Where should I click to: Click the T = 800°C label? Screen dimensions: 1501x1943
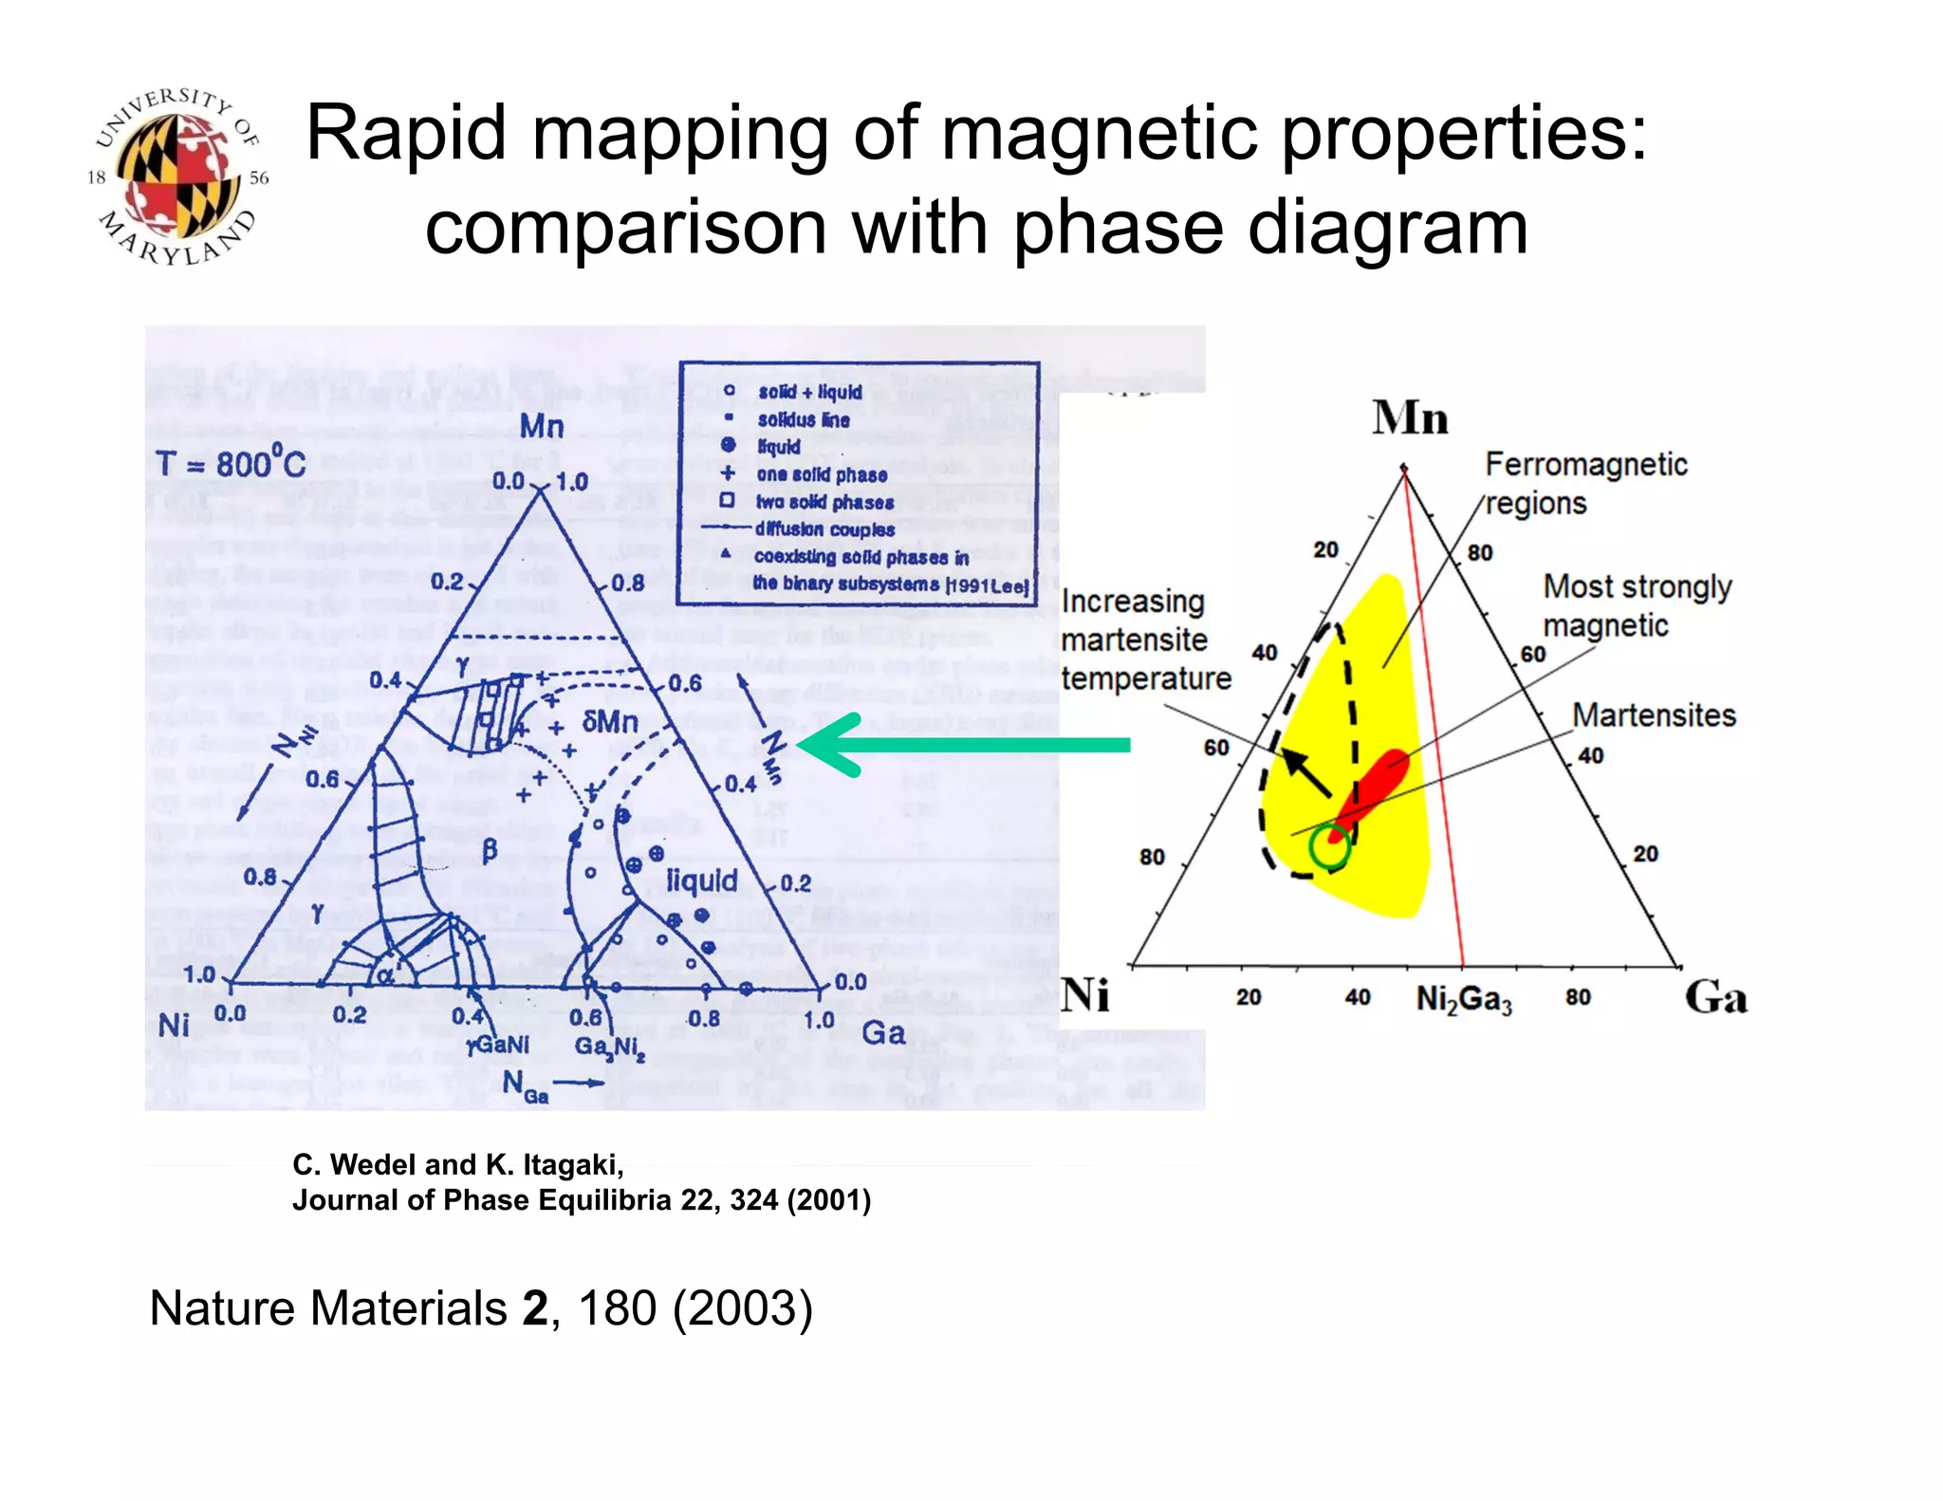[231, 463]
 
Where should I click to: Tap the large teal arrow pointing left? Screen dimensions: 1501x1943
[963, 745]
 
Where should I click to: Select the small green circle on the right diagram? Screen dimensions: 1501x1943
[1328, 847]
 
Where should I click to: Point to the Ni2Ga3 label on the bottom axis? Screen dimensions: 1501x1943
[1463, 999]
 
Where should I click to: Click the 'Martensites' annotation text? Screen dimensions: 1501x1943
[1654, 714]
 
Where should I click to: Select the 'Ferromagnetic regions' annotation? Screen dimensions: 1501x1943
[1585, 483]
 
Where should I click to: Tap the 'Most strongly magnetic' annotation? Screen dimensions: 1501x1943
[1637, 605]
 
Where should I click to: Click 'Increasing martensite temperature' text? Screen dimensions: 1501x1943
[1144, 639]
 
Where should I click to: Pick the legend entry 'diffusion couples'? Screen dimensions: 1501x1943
[823, 529]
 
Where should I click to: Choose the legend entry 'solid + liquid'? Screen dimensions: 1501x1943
[809, 392]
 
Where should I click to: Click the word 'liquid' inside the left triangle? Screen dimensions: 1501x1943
[701, 880]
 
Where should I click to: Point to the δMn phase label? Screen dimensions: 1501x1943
[609, 722]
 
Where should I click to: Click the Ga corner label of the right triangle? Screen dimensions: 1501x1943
[1715, 997]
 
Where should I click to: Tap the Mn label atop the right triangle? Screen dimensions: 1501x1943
[1409, 417]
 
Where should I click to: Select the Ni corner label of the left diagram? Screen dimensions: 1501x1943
[174, 1025]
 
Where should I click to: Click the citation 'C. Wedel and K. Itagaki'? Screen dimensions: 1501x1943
[458, 1164]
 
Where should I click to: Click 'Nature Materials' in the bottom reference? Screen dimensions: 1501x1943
[327, 1308]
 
